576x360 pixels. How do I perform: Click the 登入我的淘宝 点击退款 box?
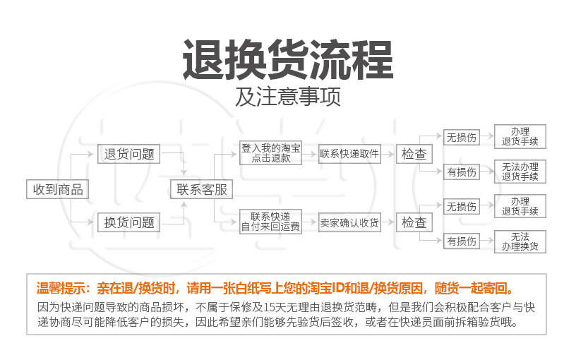pos(271,154)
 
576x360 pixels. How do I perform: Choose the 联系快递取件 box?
pos(349,154)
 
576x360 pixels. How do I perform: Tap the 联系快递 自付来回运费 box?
pos(271,222)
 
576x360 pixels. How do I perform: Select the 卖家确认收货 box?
pos(349,223)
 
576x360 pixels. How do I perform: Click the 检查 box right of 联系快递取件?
pos(414,154)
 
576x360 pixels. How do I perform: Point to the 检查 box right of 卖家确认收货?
pos(414,223)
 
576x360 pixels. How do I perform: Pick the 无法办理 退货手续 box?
pos(520,172)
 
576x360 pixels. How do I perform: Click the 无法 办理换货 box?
pos(520,241)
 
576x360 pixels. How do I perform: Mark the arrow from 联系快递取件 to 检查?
pos(388,154)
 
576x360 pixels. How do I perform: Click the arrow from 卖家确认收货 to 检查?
pos(388,223)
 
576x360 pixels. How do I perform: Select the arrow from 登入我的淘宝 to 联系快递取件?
pos(310,154)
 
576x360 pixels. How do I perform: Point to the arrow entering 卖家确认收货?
pos(310,223)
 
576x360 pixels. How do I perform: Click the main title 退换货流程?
pos(287,60)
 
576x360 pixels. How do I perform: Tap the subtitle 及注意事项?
pos(288,97)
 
